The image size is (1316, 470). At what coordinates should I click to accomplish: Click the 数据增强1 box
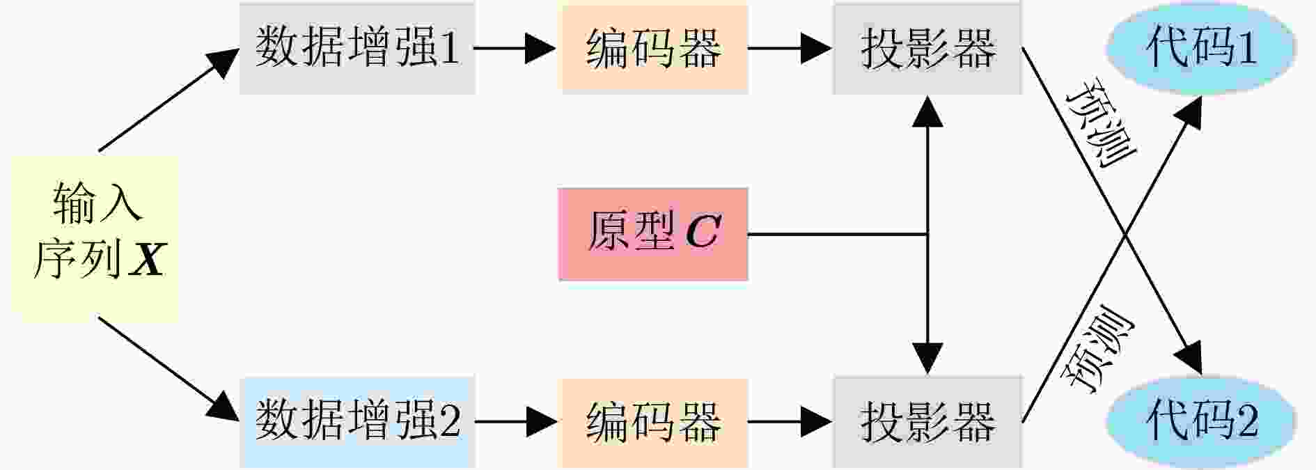click(357, 48)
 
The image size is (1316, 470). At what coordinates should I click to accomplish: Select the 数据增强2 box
click(357, 422)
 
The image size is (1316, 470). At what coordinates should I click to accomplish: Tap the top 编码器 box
click(655, 48)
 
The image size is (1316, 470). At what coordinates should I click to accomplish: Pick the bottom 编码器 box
click(655, 422)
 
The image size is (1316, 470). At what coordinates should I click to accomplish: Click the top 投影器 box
click(927, 48)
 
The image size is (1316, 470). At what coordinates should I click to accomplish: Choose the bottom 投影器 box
click(927, 422)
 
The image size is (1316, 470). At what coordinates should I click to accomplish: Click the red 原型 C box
click(653, 234)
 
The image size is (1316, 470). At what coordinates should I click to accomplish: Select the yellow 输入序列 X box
click(95, 239)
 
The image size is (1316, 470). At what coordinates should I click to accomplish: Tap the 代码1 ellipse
click(1201, 47)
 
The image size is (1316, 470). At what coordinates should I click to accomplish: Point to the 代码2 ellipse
click(1201, 421)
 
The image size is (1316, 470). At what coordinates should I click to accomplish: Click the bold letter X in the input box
click(148, 259)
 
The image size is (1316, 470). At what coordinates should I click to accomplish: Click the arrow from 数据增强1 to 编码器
click(515, 48)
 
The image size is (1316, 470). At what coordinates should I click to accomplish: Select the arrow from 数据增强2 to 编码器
click(515, 422)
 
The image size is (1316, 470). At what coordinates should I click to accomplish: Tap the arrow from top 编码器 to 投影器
click(790, 48)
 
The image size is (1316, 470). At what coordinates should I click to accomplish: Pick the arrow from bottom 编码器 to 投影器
click(790, 422)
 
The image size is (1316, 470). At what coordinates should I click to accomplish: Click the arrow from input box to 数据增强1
click(169, 98)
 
